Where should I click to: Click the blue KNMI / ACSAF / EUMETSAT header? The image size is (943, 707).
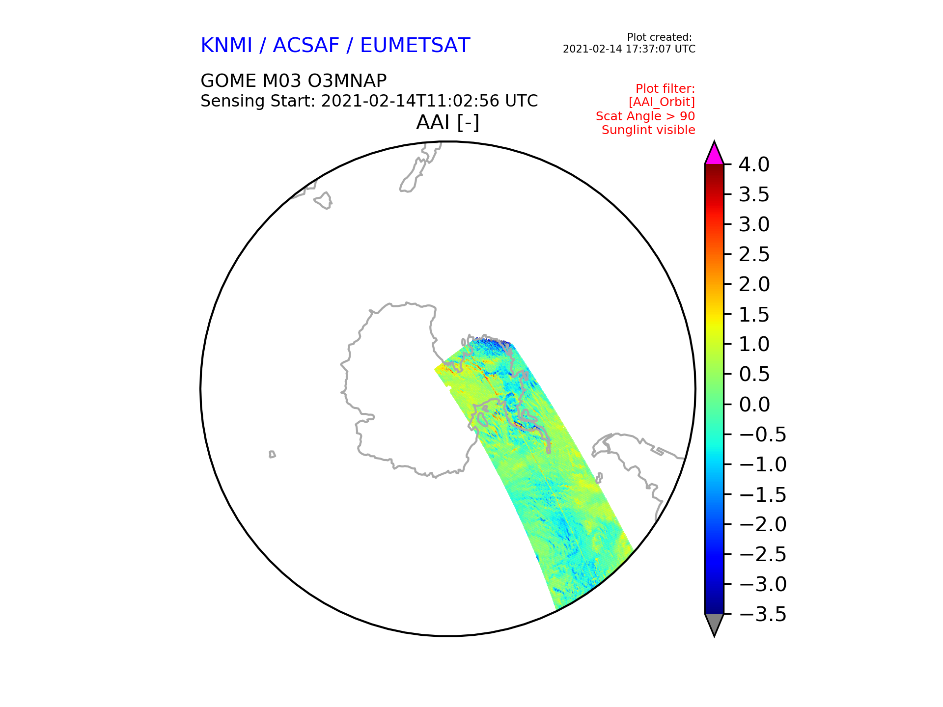click(335, 46)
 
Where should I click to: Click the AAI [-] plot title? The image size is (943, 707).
click(447, 122)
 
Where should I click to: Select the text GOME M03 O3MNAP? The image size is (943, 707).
click(294, 81)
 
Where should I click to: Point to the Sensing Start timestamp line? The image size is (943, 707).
click(369, 101)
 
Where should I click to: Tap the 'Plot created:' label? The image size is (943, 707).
click(660, 37)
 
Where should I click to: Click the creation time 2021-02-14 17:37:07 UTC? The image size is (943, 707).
click(629, 49)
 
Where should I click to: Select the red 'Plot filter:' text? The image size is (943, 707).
click(666, 89)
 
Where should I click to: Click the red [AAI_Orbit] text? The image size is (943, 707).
click(662, 102)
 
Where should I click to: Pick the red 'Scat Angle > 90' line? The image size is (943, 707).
click(645, 116)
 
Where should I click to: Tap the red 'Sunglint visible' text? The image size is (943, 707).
click(648, 130)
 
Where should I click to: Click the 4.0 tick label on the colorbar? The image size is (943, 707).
click(754, 164)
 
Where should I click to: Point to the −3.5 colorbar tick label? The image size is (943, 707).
click(763, 614)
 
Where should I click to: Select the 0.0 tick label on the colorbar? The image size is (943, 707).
click(754, 405)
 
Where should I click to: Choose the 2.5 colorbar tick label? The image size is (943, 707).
click(754, 254)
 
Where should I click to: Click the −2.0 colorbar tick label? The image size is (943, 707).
click(763, 524)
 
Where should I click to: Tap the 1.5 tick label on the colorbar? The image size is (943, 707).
click(754, 314)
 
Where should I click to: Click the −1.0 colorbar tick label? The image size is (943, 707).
click(763, 464)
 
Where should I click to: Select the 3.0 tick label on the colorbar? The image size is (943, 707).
click(754, 224)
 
